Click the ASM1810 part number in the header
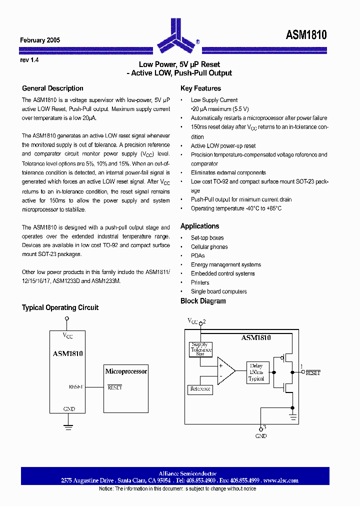tap(306, 35)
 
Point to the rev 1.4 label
tap(29, 59)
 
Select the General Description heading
tap(52, 88)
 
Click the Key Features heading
tap(200, 88)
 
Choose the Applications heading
tap(199, 226)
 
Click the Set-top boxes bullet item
tap(207, 238)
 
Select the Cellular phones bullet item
tap(209, 247)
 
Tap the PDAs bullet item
tap(197, 256)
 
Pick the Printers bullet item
tap(200, 282)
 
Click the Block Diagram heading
tap(203, 301)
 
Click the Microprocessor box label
tap(126, 371)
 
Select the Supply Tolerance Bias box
tap(200, 349)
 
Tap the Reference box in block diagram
tap(200, 389)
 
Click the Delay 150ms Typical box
tap(256, 372)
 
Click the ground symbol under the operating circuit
tap(68, 426)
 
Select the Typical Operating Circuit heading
tap(60, 307)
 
